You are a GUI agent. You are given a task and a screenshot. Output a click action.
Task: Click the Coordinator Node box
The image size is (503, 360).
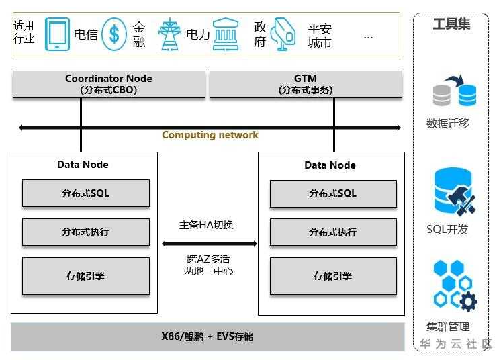point(109,84)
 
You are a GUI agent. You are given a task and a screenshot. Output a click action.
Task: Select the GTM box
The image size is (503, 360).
point(306,84)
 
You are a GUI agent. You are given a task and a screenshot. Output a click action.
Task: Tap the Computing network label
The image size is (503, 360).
point(210,135)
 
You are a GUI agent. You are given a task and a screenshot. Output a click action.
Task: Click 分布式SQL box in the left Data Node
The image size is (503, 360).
point(86,193)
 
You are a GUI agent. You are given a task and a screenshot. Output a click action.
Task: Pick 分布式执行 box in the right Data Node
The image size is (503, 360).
point(333,232)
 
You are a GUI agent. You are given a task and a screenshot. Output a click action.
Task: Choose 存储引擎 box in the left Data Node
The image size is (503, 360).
point(86,275)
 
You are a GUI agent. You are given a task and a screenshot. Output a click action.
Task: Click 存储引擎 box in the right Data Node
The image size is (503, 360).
point(333,275)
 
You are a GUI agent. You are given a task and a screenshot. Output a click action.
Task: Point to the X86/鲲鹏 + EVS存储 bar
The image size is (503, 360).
point(208,336)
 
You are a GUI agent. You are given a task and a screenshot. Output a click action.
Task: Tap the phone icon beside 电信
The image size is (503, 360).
point(57,34)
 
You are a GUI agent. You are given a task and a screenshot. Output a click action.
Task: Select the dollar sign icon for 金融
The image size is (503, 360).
point(115,34)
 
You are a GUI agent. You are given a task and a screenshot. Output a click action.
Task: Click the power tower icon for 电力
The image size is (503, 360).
point(169,34)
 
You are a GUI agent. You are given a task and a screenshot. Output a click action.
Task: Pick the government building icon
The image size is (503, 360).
point(226,34)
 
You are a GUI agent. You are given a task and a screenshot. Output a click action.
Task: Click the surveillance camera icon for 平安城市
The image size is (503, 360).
point(285,34)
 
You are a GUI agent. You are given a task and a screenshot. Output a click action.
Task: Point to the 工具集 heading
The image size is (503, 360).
point(451,24)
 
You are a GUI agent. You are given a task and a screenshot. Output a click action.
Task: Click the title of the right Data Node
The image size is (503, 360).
point(330,165)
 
